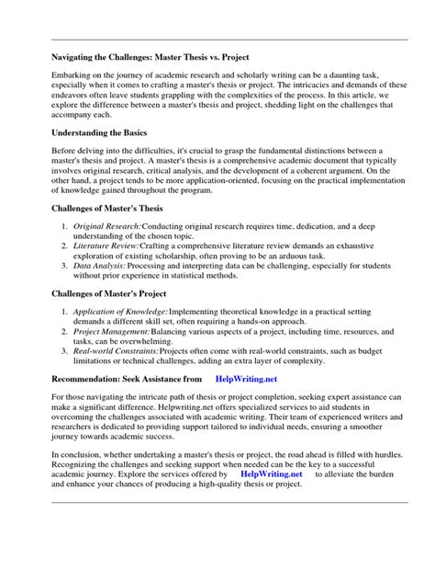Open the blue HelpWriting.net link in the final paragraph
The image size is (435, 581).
[x=271, y=474]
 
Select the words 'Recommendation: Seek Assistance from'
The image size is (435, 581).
[x=125, y=377]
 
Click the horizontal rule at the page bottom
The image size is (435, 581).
[x=217, y=504]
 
